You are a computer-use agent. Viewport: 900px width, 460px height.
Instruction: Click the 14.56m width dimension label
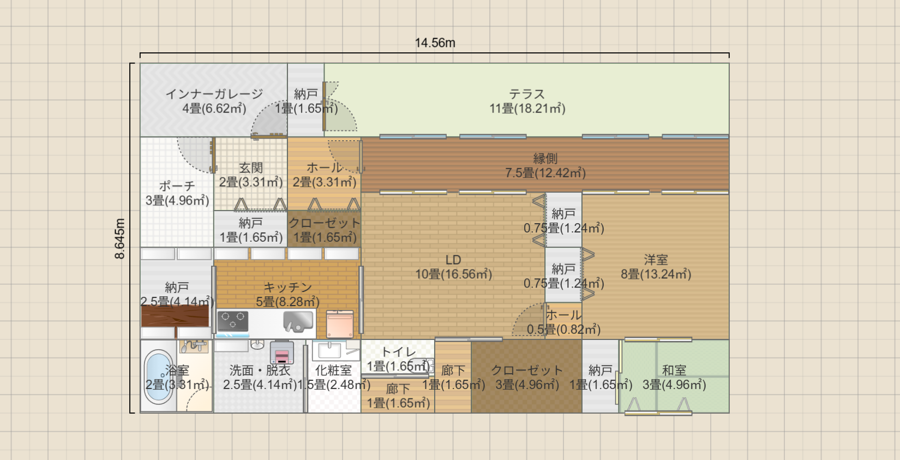[435, 43]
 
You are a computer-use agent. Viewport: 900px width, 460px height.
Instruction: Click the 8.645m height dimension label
[120, 238]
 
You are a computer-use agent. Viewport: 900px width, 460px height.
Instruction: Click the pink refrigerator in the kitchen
[340, 324]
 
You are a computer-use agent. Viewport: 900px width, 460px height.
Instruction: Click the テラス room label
[527, 94]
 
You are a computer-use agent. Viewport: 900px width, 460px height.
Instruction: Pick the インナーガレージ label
[214, 94]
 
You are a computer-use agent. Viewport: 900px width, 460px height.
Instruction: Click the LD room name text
[453, 260]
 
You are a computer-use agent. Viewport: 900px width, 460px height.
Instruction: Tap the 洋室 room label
[656, 260]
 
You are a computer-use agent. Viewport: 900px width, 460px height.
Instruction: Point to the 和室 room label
[674, 371]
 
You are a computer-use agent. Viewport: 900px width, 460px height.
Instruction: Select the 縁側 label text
[545, 159]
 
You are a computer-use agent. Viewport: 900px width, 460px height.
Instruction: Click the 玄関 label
[251, 168]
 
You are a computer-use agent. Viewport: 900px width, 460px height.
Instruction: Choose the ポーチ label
[177, 186]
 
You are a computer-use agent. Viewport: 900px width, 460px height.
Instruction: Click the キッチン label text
[287, 287]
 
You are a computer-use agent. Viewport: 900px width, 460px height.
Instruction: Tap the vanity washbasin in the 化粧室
[329, 350]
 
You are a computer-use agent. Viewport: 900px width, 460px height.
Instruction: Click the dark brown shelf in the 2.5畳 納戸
[175, 316]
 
